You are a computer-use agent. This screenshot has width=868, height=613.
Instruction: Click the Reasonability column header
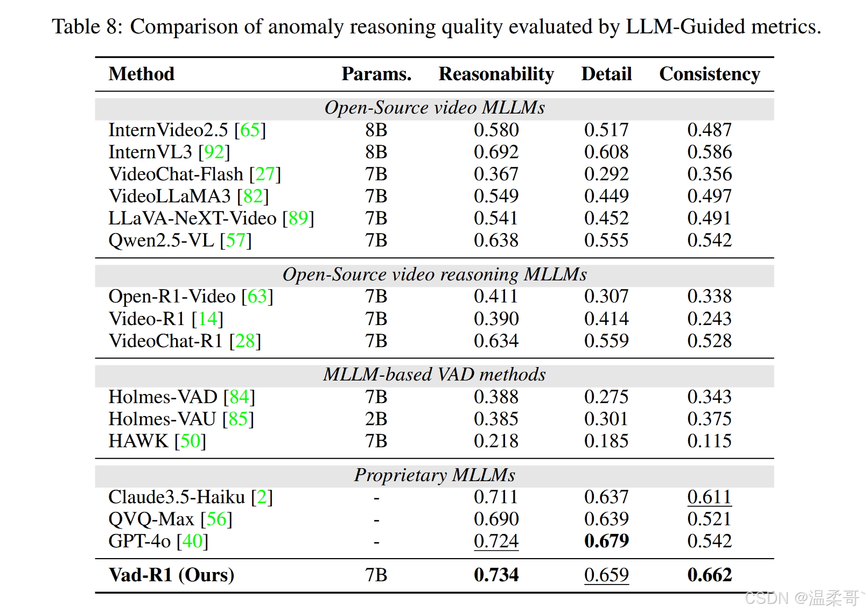point(496,74)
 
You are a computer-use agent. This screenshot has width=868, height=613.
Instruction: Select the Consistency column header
point(709,74)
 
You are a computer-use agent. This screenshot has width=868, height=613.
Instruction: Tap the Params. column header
point(376,74)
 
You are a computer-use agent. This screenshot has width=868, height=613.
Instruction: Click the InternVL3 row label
point(150,152)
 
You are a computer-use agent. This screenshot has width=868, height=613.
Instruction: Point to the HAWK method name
point(138,441)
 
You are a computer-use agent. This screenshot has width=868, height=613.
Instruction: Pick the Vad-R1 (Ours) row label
point(171,575)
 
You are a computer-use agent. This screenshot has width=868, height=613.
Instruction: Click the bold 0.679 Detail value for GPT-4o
point(606,541)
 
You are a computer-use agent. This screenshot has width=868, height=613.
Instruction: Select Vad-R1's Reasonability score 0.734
point(496,575)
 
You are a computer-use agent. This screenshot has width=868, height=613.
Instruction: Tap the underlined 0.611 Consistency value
point(709,497)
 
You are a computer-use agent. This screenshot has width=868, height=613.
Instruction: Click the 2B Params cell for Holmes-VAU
point(376,419)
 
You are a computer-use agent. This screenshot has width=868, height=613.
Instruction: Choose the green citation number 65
point(250,130)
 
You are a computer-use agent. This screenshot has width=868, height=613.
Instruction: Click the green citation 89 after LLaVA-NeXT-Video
point(298,219)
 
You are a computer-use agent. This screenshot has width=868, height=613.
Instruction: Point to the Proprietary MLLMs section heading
point(435,475)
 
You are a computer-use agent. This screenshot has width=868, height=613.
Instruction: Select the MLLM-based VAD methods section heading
point(435,375)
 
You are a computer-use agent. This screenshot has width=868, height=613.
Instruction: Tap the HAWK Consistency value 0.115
point(709,441)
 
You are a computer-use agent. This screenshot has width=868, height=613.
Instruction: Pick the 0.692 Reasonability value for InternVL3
point(496,152)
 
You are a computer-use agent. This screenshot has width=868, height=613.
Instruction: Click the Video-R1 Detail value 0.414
point(606,319)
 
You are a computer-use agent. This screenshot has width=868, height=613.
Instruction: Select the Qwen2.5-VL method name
point(161,241)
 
